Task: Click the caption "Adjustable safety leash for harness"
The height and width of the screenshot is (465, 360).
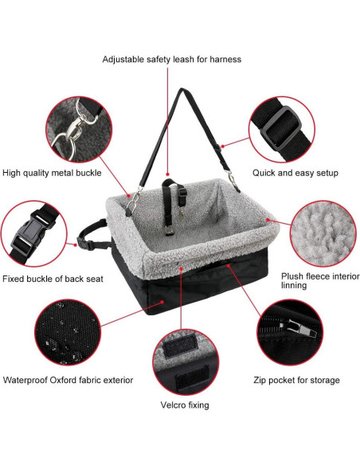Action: tap(171, 59)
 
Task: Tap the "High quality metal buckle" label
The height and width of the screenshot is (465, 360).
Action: tap(50, 173)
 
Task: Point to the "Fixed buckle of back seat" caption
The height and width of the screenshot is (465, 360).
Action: tap(53, 279)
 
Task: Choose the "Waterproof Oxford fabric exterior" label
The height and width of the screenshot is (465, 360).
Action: tap(68, 380)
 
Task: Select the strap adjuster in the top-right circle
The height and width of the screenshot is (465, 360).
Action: tap(281, 123)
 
